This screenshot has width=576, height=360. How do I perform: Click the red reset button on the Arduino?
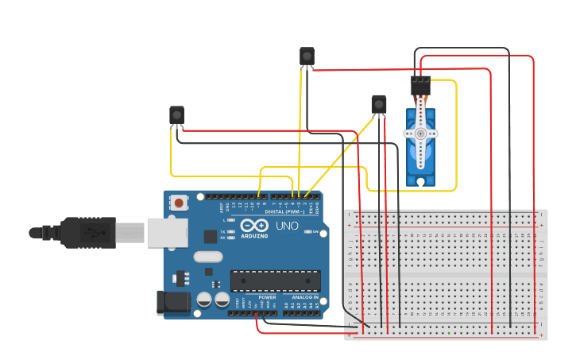[179, 203]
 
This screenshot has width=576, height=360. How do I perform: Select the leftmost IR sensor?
[176, 116]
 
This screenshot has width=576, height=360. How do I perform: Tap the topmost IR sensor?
[307, 56]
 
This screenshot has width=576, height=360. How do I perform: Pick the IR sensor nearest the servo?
[379, 104]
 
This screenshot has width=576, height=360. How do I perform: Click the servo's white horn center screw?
[420, 134]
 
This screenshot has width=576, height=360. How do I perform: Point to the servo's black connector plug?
[420, 84]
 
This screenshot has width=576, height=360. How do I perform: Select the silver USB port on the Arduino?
[167, 232]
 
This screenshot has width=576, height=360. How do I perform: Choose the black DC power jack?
[174, 303]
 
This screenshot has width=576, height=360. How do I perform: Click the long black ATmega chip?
[276, 281]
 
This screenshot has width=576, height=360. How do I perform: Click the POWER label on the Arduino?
[266, 297]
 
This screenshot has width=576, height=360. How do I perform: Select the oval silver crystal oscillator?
[208, 257]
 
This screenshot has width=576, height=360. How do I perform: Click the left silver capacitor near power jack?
[203, 300]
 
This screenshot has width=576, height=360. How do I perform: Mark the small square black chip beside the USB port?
[211, 235]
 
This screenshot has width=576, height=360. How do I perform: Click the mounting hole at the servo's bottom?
[420, 181]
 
